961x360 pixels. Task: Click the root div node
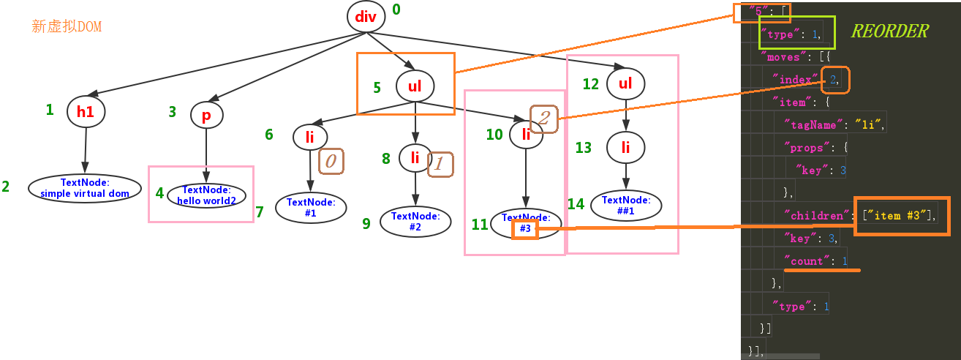366,16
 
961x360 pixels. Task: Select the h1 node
86,111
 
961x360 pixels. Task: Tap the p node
206,114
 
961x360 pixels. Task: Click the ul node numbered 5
415,86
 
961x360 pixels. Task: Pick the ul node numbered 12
625,83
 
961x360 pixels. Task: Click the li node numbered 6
310,137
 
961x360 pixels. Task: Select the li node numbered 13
625,148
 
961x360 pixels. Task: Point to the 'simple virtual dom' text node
85,188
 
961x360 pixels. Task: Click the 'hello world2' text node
206,196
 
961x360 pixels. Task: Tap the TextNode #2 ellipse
415,221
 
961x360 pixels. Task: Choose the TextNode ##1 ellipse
626,205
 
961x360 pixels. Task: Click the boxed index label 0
331,161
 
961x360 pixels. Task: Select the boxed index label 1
440,163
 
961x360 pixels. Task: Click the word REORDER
889,31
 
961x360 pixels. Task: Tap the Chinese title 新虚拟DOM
67,27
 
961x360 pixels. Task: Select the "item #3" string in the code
900,215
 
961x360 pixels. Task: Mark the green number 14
576,204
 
